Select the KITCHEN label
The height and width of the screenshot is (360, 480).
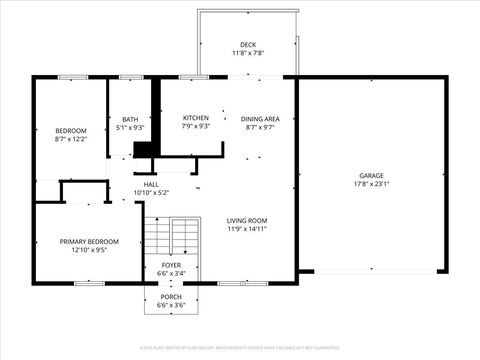196,118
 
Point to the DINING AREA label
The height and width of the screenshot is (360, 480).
261,118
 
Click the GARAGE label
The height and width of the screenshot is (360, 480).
371,175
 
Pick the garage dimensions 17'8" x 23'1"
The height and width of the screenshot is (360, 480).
371,184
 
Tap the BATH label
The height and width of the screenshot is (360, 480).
130,118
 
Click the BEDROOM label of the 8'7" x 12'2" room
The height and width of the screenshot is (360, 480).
70,131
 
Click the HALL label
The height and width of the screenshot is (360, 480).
151,184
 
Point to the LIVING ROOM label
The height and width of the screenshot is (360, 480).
247,220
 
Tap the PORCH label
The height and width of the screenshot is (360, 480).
172,296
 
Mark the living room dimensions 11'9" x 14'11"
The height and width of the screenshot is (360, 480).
247,229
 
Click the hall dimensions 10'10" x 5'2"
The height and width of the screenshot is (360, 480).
151,193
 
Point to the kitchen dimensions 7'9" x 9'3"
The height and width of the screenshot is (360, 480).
196,127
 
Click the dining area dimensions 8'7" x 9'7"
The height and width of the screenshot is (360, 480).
261,127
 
